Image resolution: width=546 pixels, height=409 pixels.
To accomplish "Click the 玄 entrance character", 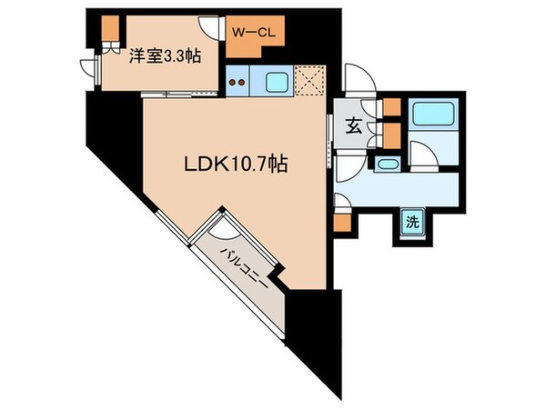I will tap(350, 127).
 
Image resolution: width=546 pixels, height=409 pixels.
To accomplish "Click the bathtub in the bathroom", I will tap(427, 115).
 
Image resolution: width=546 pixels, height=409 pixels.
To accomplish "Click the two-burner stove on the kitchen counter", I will tap(239, 82).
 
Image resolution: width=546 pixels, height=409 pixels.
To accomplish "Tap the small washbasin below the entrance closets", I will tap(386, 165).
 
